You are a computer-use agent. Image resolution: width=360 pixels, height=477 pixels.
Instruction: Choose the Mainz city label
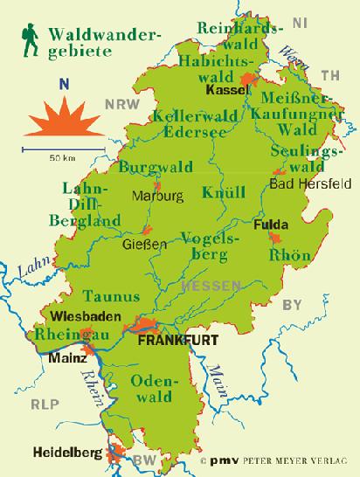67,357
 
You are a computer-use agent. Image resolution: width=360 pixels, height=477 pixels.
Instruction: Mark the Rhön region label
290,255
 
